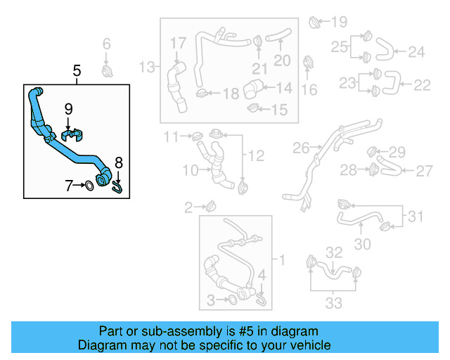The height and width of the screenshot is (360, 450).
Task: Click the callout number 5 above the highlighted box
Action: tap(77, 70)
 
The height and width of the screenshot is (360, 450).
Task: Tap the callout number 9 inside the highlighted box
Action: tap(68, 108)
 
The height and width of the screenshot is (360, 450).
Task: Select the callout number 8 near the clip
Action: tap(118, 162)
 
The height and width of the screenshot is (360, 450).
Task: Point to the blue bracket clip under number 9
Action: tap(73, 133)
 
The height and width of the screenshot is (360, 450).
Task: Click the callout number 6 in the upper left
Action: tap(107, 45)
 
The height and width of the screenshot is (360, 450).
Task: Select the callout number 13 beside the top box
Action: tap(146, 67)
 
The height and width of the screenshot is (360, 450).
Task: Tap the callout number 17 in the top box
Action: tap(178, 44)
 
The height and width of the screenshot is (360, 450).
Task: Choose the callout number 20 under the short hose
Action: tap(282, 60)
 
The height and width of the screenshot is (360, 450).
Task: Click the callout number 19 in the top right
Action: tap(339, 21)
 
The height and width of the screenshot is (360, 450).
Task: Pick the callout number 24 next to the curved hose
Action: tap(417, 51)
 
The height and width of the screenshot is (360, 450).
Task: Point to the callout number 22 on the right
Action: tap(422, 85)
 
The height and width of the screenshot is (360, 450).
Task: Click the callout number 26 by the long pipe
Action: tap(301, 148)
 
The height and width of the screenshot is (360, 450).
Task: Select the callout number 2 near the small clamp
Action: tap(188, 207)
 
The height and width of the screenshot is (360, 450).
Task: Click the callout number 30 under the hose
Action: tap(362, 244)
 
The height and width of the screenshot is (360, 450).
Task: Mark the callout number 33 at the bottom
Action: tap(334, 302)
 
